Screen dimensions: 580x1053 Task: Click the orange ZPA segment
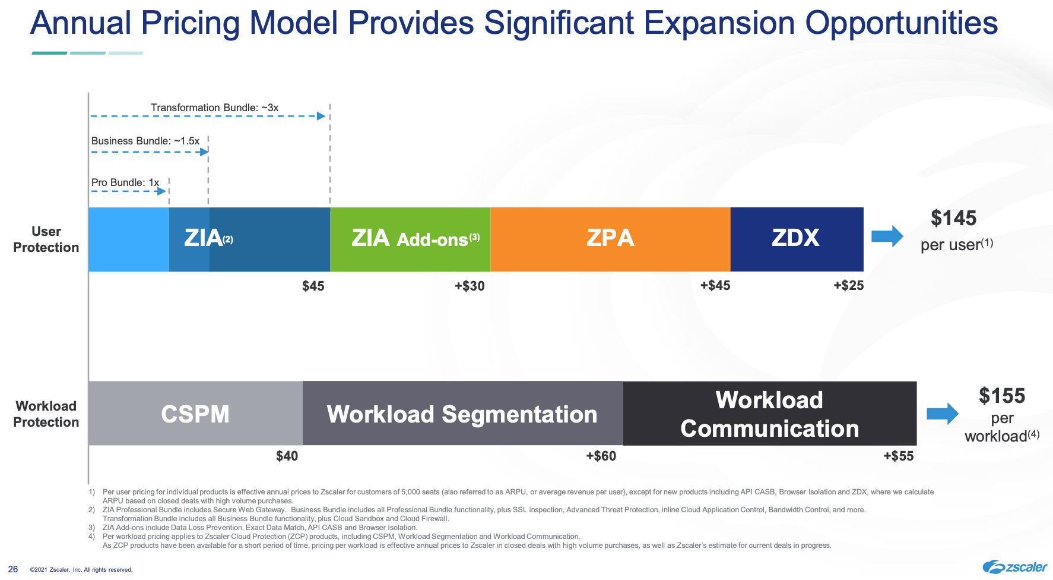[x=610, y=239]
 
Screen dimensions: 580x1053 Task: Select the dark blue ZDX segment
[x=796, y=239]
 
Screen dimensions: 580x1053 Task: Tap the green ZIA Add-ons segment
[x=410, y=239]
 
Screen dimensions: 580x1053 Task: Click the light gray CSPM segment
[x=195, y=414]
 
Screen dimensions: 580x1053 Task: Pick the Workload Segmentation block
[x=462, y=414]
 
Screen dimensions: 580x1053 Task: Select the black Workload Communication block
[x=769, y=414]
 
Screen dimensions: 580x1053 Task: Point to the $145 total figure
[x=953, y=218]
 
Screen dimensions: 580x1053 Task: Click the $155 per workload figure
[x=1002, y=396]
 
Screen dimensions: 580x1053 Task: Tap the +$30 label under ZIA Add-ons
[x=470, y=286]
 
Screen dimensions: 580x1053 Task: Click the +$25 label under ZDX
[x=848, y=285]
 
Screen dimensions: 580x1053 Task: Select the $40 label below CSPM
[x=287, y=456]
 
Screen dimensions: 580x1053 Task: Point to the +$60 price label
[x=601, y=456]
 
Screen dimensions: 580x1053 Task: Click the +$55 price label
[x=898, y=456]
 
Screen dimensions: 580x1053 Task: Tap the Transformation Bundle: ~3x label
[x=214, y=108]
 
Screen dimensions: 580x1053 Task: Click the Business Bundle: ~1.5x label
[x=145, y=141]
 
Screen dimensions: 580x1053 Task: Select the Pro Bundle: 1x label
[x=125, y=182]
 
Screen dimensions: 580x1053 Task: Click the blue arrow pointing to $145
[x=887, y=237]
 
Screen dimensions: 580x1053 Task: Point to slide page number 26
[x=13, y=569]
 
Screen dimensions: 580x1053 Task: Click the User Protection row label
[x=46, y=239]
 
